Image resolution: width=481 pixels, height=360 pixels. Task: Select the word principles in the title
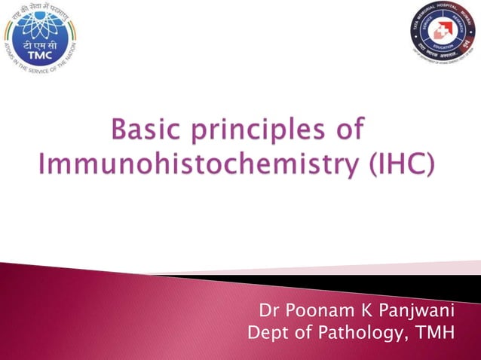click(260, 133)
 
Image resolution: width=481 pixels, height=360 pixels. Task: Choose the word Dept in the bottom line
click(267, 331)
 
